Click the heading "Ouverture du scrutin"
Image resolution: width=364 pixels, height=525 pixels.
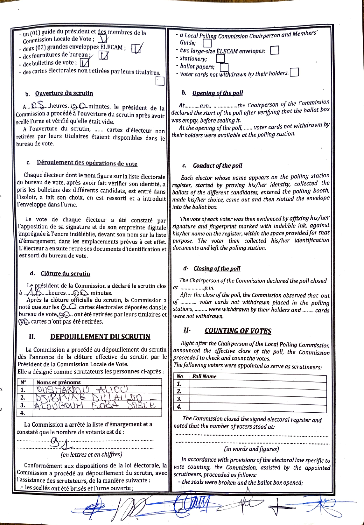click(x=64, y=93)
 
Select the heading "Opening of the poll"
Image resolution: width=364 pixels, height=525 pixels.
click(x=218, y=93)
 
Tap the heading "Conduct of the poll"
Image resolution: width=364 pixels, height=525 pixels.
click(x=217, y=165)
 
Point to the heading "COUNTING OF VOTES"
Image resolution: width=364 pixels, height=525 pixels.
click(x=238, y=331)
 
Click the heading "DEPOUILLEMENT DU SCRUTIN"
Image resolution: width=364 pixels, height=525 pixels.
click(x=100, y=337)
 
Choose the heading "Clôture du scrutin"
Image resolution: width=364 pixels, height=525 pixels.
click(x=65, y=274)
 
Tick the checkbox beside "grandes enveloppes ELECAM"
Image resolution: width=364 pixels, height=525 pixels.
click(x=136, y=48)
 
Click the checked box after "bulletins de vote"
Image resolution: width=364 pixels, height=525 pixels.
click(x=84, y=63)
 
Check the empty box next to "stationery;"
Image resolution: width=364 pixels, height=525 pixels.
click(x=220, y=59)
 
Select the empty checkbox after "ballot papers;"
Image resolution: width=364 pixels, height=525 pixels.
click(x=224, y=67)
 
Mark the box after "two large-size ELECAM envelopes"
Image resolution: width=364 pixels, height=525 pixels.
click(x=274, y=50)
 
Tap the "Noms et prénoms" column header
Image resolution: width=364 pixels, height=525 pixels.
click(x=59, y=382)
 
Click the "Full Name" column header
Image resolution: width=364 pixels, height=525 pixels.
click(x=204, y=376)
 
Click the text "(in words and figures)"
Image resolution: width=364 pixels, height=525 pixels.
click(x=251, y=449)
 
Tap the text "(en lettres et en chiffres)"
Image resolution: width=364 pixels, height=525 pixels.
click(x=92, y=454)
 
